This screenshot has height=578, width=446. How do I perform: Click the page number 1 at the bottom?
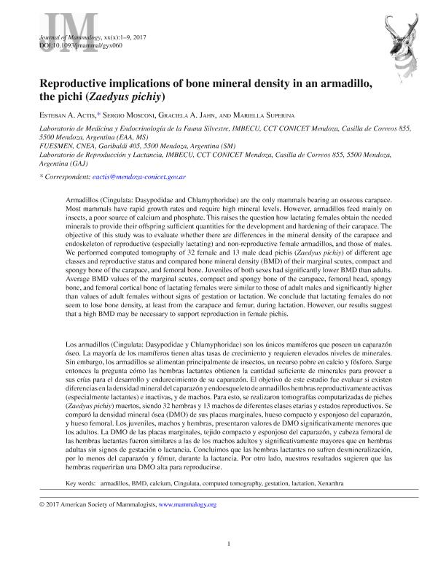pos(229,543)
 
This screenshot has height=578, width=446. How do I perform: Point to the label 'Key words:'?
pos(80,483)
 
